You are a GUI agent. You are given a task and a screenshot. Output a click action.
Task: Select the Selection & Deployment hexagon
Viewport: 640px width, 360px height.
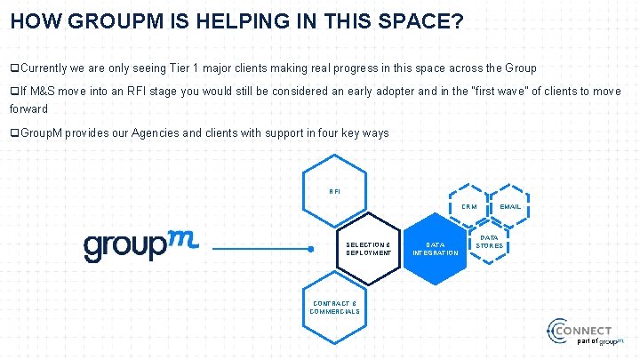[x=367, y=248]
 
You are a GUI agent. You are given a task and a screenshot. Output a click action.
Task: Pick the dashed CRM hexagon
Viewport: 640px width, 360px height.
[x=468, y=206]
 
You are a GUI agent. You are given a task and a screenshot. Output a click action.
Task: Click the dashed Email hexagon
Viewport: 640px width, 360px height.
[x=509, y=206]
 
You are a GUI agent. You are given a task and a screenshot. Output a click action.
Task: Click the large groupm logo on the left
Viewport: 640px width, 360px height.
[x=140, y=246]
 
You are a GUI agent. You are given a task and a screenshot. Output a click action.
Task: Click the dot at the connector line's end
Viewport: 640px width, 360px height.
[x=310, y=250]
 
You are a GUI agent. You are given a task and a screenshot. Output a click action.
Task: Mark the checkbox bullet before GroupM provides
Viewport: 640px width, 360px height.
[x=14, y=133]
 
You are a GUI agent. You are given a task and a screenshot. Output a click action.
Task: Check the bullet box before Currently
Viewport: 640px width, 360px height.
[x=14, y=68]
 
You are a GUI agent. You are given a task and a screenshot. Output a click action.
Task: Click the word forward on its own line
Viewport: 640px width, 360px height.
[x=28, y=109]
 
